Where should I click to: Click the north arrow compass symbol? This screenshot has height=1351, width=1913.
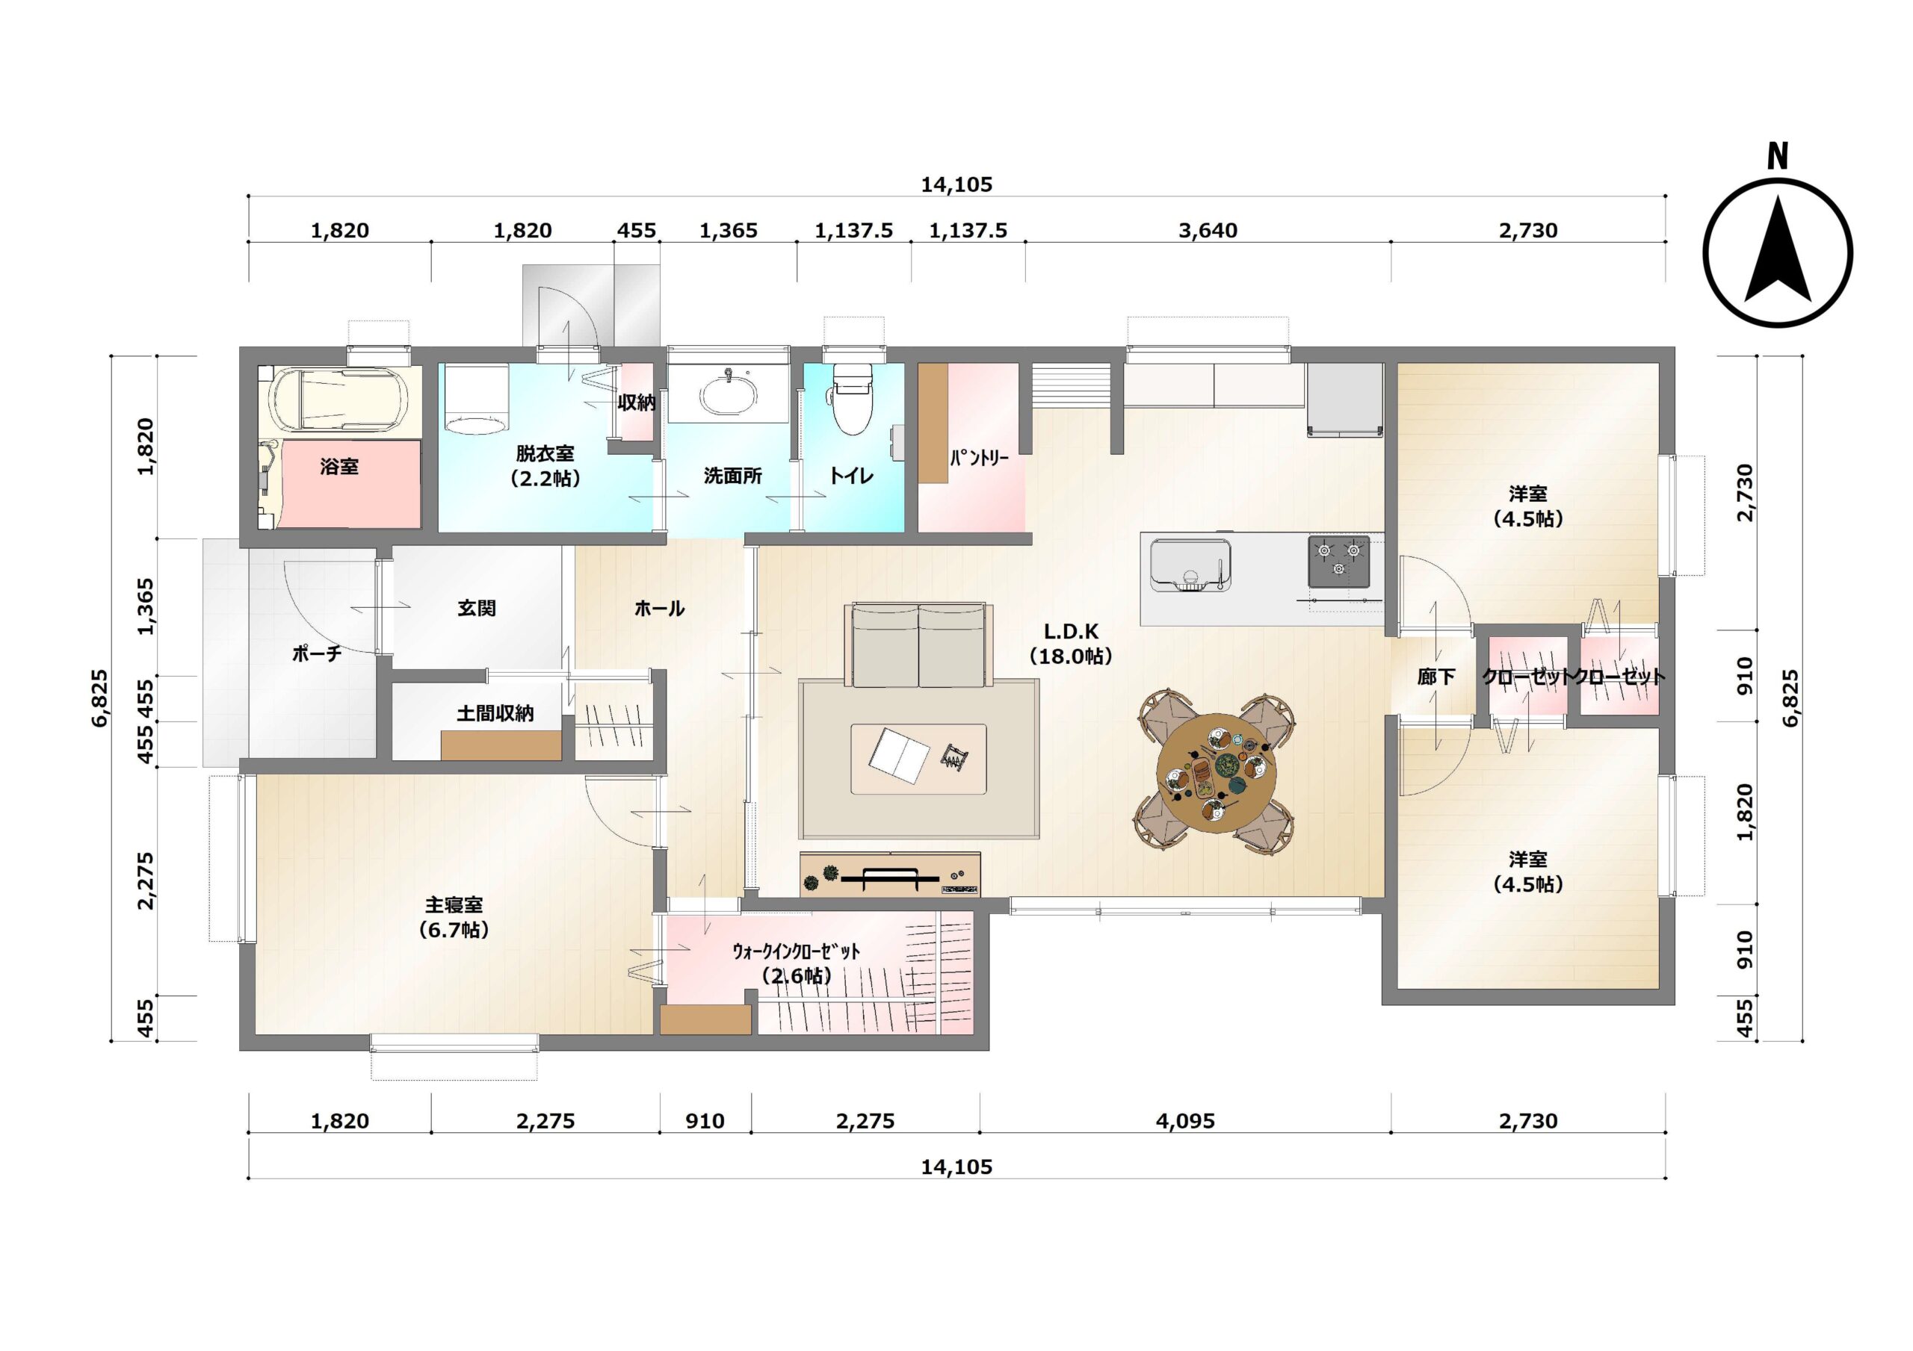(x=1777, y=252)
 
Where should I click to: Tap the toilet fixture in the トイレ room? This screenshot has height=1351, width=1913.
(x=853, y=399)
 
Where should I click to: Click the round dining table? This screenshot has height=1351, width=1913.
(x=1216, y=772)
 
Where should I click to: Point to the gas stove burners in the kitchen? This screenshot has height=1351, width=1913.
(x=1338, y=561)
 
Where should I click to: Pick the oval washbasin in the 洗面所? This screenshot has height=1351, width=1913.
(x=728, y=397)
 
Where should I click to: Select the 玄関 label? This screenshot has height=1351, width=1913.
(x=477, y=608)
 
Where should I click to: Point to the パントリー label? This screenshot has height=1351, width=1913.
(x=979, y=457)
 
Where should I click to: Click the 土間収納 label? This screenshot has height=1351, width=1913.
(x=495, y=714)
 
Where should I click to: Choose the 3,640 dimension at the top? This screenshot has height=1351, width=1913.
(x=1208, y=231)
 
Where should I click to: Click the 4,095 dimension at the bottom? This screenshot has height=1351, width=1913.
(x=1185, y=1121)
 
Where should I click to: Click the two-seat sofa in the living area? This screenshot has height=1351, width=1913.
(x=918, y=646)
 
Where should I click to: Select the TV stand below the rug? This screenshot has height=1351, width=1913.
(x=890, y=874)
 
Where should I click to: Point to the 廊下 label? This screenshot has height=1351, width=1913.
(x=1435, y=677)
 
